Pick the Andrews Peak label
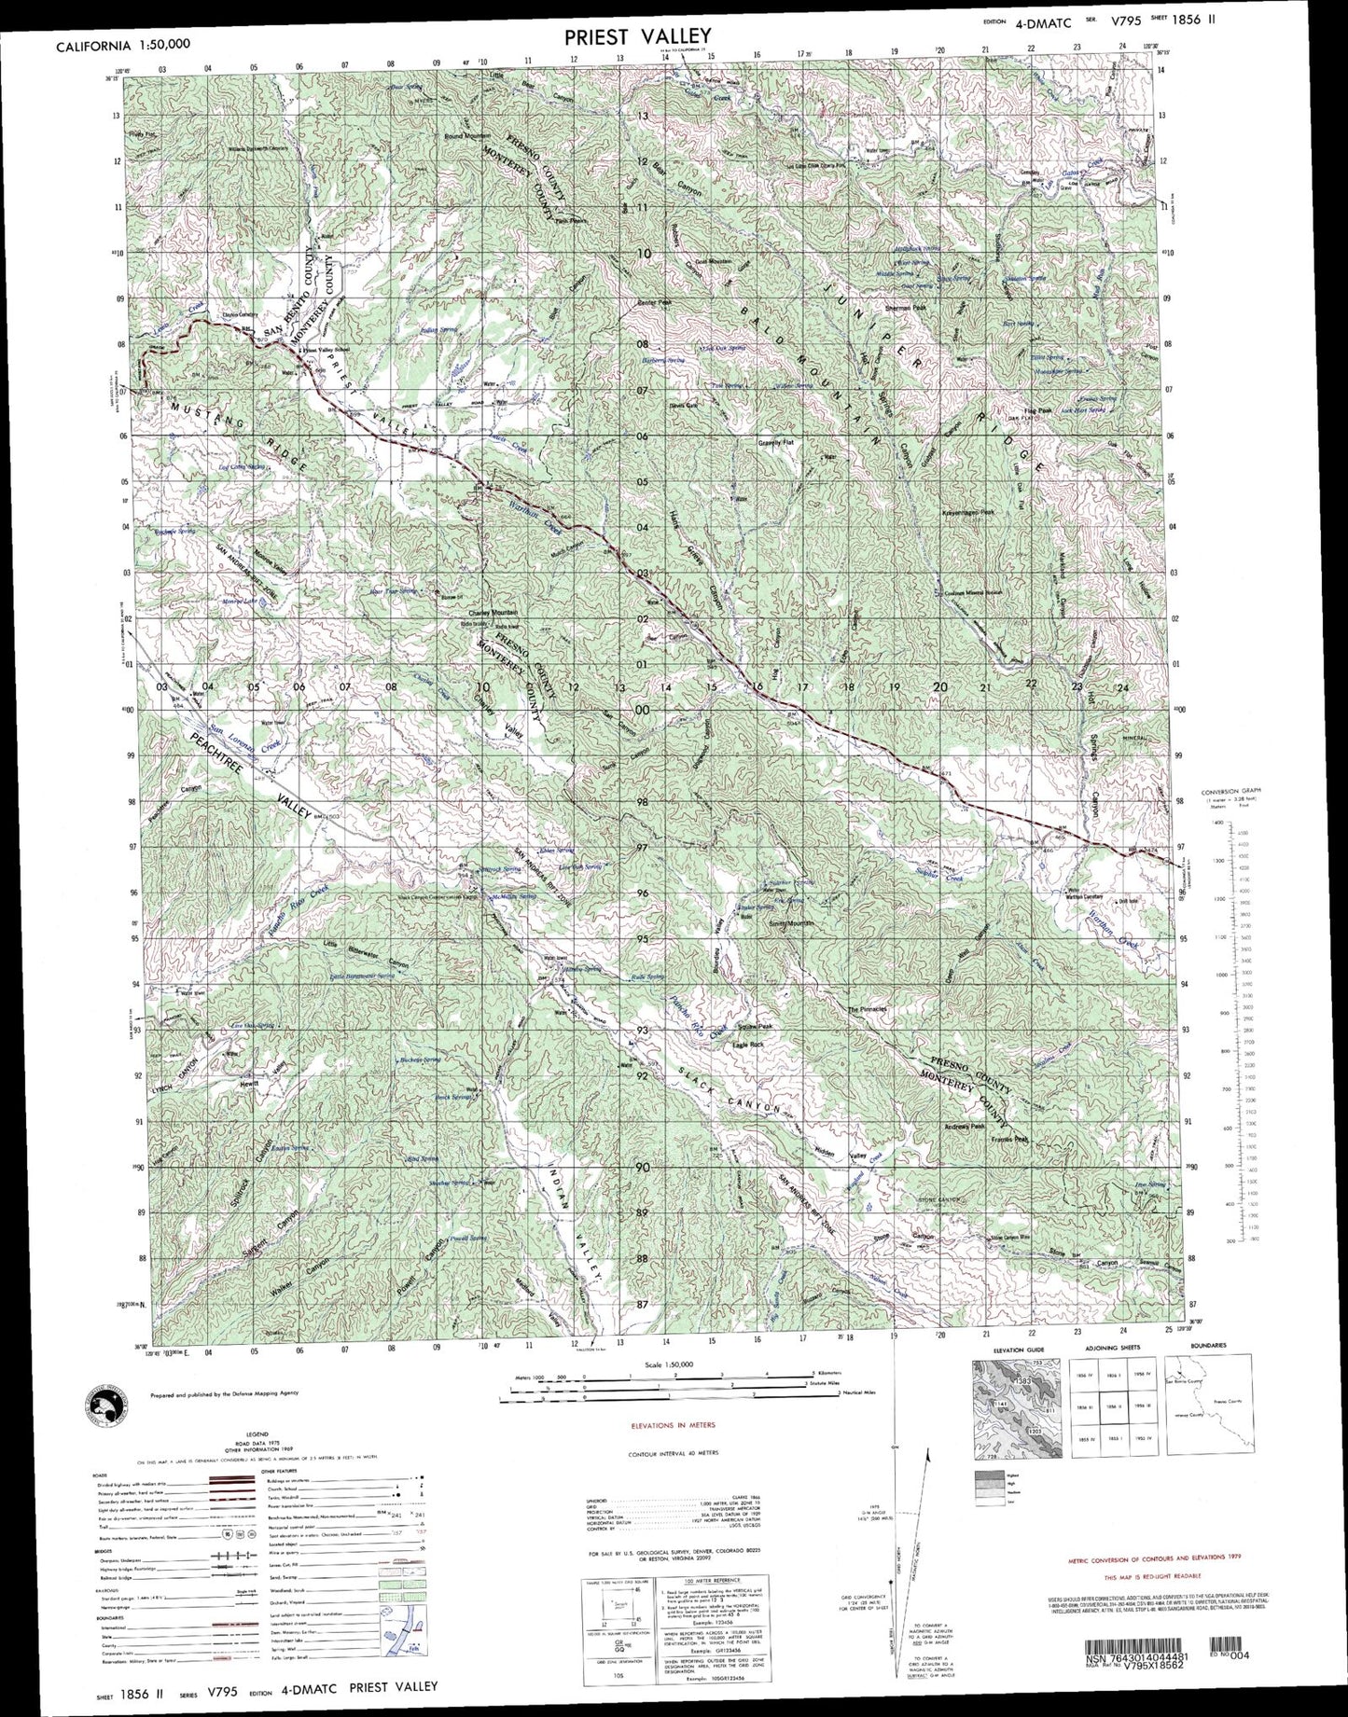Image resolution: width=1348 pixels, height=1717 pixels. click(x=966, y=1127)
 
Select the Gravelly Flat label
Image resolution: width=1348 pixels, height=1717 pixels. click(x=773, y=443)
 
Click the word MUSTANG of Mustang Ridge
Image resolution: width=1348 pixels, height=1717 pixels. click(x=204, y=409)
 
